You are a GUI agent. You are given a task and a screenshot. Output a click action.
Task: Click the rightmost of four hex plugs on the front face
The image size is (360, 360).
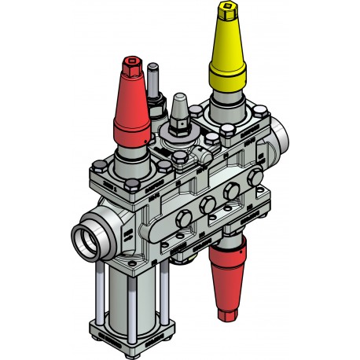pyautogui.click(x=253, y=180)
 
